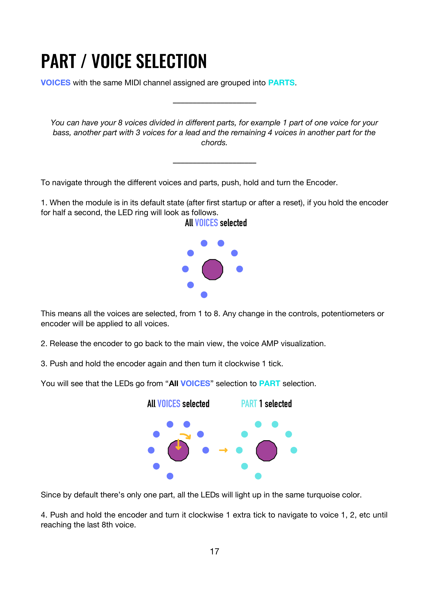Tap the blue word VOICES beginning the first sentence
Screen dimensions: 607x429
(56, 83)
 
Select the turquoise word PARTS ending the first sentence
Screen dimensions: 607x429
(281, 83)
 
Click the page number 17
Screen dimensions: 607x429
(214, 551)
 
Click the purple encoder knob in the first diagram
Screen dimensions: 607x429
(213, 269)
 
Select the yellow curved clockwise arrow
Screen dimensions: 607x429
(186, 436)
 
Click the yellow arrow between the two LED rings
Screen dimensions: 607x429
(223, 450)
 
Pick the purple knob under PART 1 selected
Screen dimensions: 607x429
(266, 451)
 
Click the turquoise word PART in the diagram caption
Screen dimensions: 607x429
(249, 404)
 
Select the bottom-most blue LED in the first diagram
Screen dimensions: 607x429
(204, 295)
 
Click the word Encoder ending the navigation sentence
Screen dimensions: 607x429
(321, 183)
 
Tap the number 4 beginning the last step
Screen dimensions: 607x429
(44, 515)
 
